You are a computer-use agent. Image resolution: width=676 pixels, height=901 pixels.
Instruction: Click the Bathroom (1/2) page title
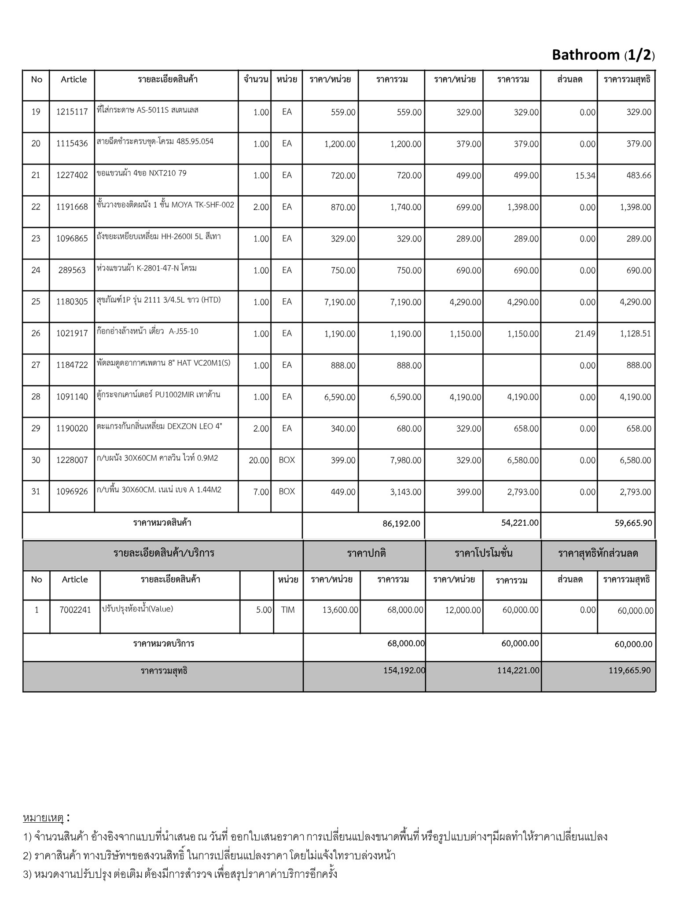click(603, 55)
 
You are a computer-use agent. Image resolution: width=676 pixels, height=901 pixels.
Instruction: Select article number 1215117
click(72, 112)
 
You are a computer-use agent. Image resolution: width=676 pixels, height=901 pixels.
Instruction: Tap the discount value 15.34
click(585, 176)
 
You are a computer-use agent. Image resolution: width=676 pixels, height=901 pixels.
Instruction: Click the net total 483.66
click(639, 176)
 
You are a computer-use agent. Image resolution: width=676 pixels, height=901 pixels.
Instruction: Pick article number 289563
click(72, 270)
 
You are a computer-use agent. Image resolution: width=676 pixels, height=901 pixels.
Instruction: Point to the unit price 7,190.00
click(340, 302)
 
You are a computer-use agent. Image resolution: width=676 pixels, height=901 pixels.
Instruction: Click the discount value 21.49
click(585, 334)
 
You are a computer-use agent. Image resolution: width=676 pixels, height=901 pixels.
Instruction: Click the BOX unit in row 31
click(287, 491)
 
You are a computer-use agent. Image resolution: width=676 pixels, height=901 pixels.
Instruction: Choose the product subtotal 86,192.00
click(401, 524)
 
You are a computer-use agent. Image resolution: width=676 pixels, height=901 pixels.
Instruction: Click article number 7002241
click(75, 610)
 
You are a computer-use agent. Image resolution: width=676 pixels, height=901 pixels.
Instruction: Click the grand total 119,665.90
click(630, 670)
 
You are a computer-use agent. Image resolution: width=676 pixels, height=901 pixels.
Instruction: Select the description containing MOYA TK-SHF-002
click(165, 205)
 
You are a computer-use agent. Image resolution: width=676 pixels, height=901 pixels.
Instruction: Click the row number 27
click(36, 365)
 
